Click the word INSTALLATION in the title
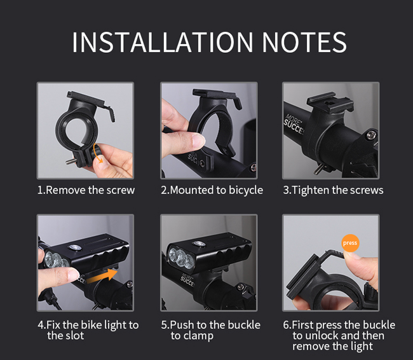coord(163,42)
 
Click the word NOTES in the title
coord(304,42)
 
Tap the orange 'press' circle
coord(350,243)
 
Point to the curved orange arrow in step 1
coord(98,153)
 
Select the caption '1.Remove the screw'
coord(86,190)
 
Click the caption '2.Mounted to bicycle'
coord(212,190)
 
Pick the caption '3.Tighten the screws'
coord(333,190)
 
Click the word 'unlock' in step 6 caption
coord(320,335)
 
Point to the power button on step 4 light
coord(74,247)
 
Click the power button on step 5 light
coord(199,243)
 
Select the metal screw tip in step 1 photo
coord(70,161)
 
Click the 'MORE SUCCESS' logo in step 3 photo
coord(294,125)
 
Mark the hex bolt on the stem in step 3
coord(372,135)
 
